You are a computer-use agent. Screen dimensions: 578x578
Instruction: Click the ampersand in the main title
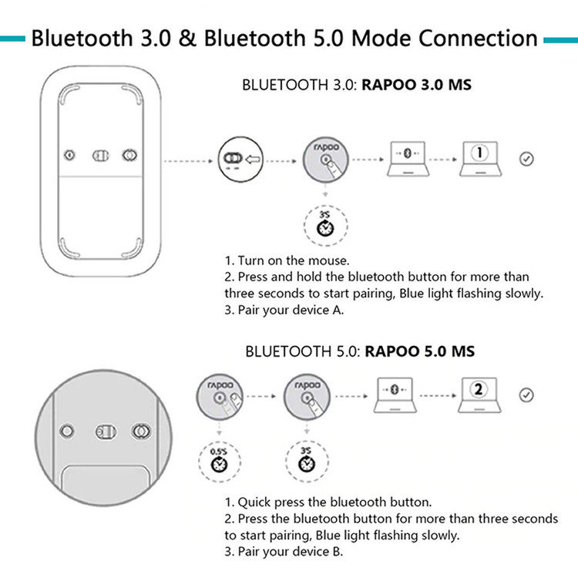pyautogui.click(x=187, y=39)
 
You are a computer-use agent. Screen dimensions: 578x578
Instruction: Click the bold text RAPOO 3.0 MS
pyautogui.click(x=416, y=85)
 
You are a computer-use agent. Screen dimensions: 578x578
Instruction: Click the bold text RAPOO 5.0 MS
pyautogui.click(x=420, y=351)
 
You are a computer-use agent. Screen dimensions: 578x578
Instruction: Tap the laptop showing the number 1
pyautogui.click(x=480, y=159)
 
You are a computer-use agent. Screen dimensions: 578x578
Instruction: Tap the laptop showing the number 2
pyautogui.click(x=479, y=395)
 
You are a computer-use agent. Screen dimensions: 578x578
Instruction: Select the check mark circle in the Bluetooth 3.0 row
pyautogui.click(x=526, y=160)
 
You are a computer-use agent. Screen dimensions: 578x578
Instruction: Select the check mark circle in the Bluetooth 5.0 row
pyautogui.click(x=526, y=395)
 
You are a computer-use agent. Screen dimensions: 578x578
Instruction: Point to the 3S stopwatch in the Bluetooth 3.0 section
pyautogui.click(x=325, y=225)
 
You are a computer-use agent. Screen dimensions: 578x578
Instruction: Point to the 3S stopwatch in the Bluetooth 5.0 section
pyautogui.click(x=307, y=461)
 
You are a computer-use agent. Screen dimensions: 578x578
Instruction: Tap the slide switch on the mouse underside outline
pyautogui.click(x=101, y=156)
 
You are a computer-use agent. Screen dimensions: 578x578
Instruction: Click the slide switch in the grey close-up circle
pyautogui.click(x=106, y=432)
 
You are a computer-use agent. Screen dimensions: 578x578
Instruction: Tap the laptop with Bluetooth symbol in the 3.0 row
pyautogui.click(x=408, y=159)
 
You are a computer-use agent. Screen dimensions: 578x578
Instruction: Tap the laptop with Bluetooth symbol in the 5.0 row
pyautogui.click(x=395, y=395)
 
